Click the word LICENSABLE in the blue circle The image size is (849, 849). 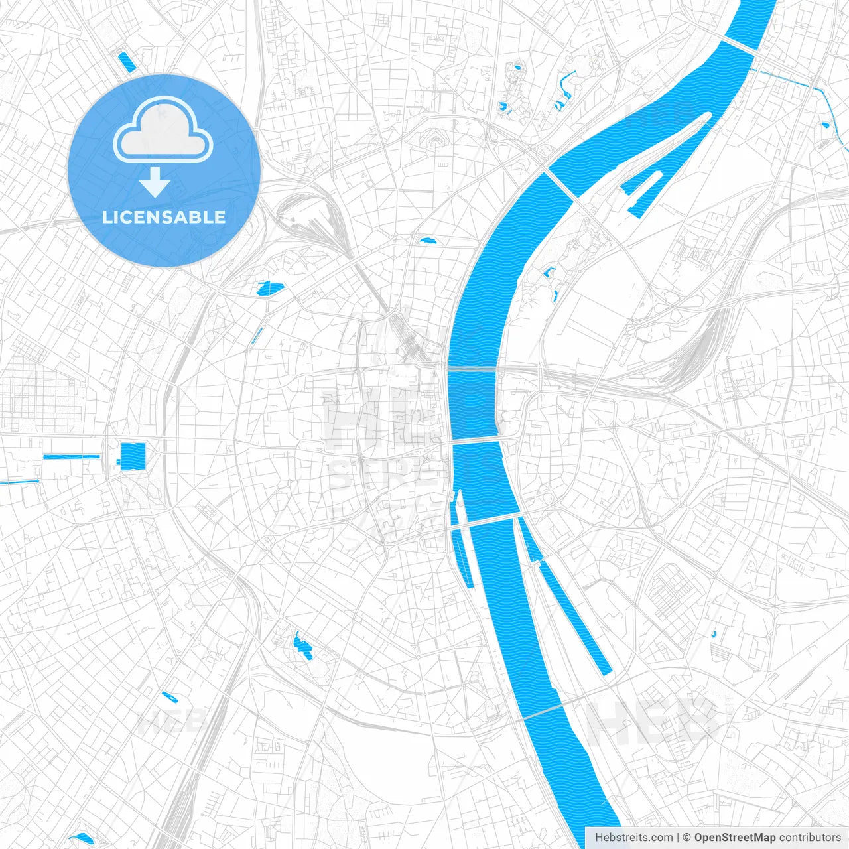[x=164, y=217]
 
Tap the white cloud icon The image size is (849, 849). [x=163, y=129]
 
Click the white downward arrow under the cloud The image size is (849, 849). [x=155, y=183]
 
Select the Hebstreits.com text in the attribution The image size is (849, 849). [x=633, y=838]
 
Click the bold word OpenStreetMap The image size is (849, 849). [x=734, y=838]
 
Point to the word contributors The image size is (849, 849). [x=810, y=838]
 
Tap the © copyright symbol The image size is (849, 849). [x=686, y=838]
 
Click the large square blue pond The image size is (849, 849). [x=133, y=456]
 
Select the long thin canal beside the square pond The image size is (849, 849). [x=71, y=456]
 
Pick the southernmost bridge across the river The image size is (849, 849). [x=541, y=712]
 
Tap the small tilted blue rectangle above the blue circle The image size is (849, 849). [x=125, y=61]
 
